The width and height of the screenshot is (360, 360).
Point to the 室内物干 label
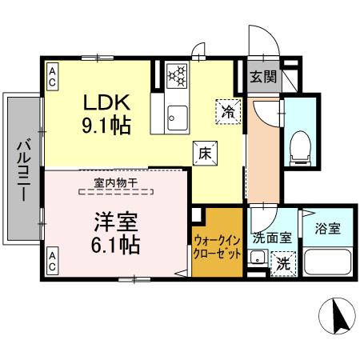(x=116, y=182)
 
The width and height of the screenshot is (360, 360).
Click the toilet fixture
(x=302, y=144)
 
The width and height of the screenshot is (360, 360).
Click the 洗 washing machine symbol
(x=282, y=262)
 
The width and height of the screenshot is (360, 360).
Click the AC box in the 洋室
(x=50, y=260)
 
